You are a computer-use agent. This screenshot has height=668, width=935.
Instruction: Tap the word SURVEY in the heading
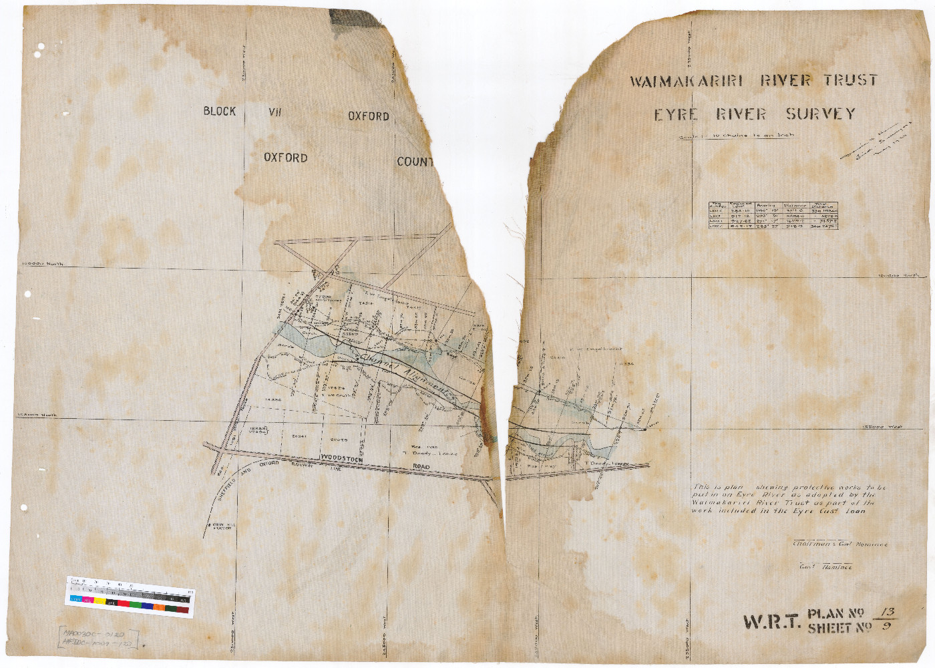point(820,114)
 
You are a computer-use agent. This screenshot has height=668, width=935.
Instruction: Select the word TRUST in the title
point(850,80)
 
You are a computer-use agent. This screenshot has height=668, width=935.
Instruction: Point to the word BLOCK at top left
point(220,112)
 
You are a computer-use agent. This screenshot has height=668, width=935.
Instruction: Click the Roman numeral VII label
point(275,112)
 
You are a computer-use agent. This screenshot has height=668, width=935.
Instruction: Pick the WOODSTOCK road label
point(341,459)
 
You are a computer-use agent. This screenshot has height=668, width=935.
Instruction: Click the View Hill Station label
point(223,526)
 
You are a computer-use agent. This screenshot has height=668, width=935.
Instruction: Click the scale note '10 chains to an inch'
point(751,136)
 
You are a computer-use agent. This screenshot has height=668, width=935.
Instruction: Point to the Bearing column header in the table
point(766,206)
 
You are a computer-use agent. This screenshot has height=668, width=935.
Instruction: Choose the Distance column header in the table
point(795,206)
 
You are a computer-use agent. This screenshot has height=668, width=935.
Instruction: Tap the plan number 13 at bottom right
point(888,612)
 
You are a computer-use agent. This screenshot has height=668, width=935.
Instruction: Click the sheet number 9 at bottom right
point(886,627)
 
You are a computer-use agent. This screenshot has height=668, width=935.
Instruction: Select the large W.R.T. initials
point(771,622)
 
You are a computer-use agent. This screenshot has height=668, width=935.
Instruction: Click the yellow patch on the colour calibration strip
point(99,600)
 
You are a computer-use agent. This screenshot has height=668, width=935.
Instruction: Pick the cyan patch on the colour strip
point(75,599)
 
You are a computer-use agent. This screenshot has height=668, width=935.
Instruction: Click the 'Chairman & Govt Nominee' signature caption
point(839,544)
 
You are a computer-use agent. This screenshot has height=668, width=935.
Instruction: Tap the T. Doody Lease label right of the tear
point(606,463)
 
